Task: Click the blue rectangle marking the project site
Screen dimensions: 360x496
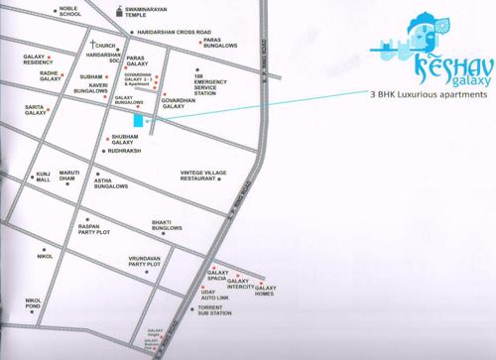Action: tap(149, 121)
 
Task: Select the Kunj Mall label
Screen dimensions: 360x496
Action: tap(43, 178)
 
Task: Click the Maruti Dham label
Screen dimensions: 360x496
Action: tap(68, 178)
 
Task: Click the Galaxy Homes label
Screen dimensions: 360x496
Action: tap(265, 291)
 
